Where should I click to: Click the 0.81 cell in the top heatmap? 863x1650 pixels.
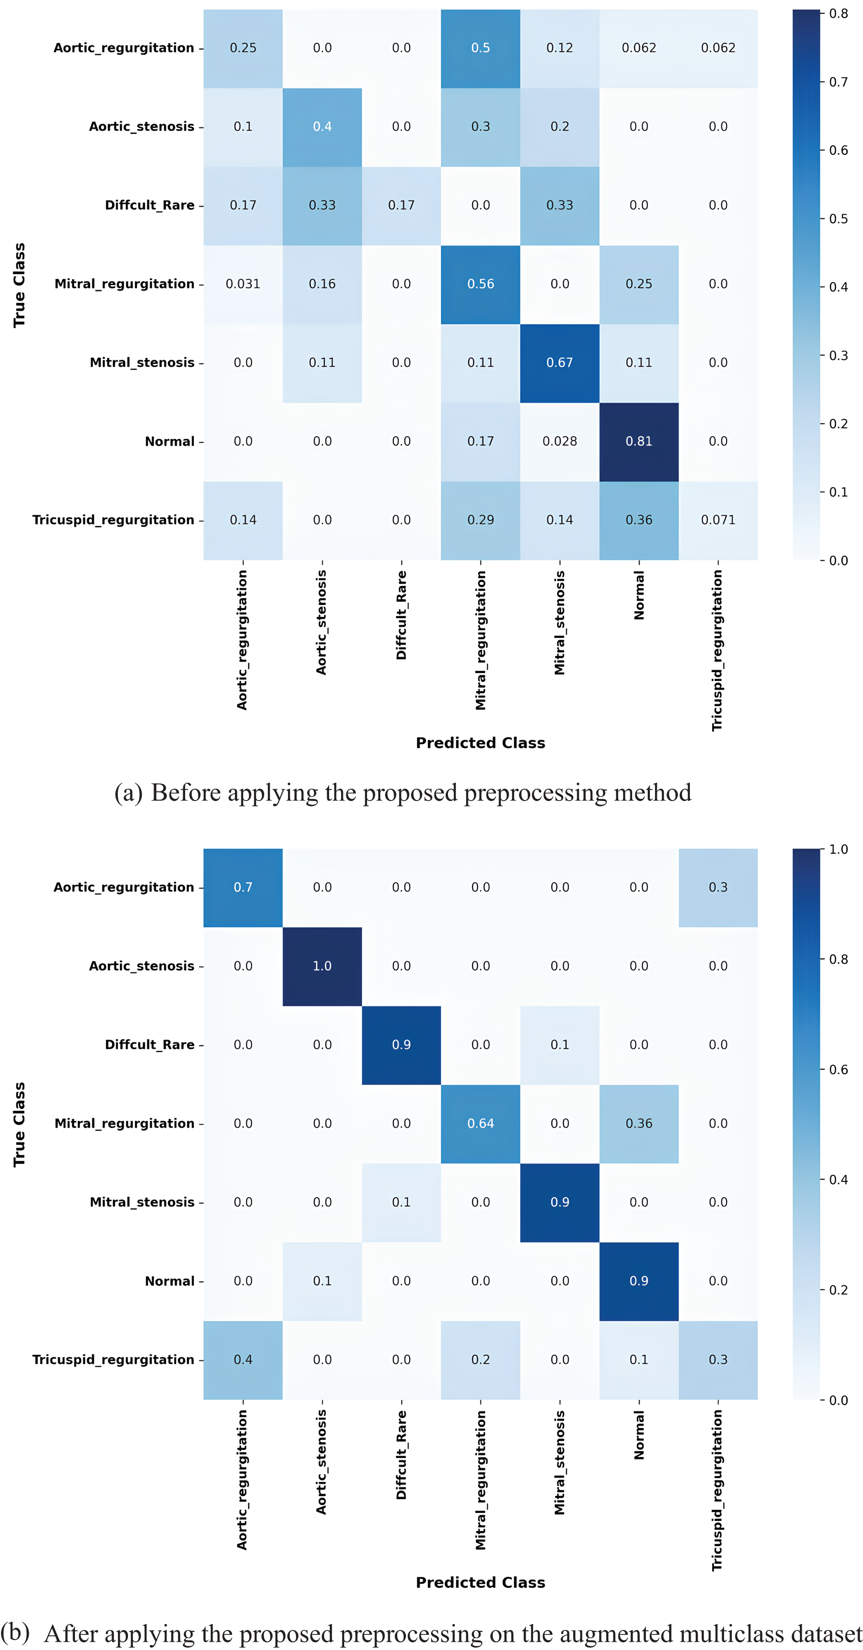pyautogui.click(x=639, y=441)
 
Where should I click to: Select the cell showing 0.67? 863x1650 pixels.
pyautogui.click(x=559, y=362)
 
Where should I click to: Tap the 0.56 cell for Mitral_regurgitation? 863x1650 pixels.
pyautogui.click(x=480, y=284)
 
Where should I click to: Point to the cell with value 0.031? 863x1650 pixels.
pyautogui.click(x=243, y=284)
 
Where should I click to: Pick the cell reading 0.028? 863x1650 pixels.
pyautogui.click(x=559, y=441)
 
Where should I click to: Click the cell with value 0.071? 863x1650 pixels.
pyautogui.click(x=718, y=520)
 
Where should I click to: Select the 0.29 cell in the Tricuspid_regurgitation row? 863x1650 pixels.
pyautogui.click(x=480, y=520)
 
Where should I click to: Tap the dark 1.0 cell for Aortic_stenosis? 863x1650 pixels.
pyautogui.click(x=322, y=966)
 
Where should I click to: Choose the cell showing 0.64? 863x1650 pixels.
pyautogui.click(x=480, y=1124)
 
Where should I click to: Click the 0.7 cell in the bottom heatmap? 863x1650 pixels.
pyautogui.click(x=243, y=887)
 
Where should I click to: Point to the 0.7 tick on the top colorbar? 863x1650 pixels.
pyautogui.click(x=838, y=82)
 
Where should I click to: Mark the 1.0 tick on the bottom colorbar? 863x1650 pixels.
pyautogui.click(x=838, y=849)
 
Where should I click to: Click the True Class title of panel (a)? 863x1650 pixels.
pyautogui.click(x=19, y=285)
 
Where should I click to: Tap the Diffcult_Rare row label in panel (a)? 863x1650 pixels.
pyautogui.click(x=149, y=205)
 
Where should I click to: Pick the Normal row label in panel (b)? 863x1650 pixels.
pyautogui.click(x=169, y=1281)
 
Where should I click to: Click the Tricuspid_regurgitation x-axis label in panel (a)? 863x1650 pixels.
pyautogui.click(x=717, y=650)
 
